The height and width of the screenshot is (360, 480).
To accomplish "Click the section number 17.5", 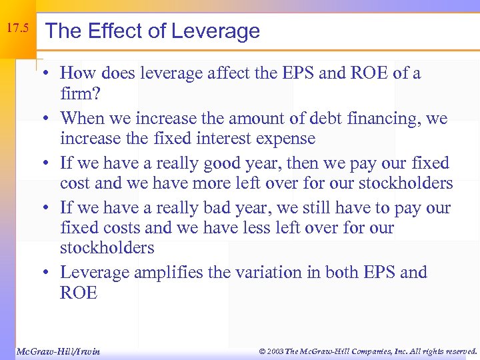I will (17, 29).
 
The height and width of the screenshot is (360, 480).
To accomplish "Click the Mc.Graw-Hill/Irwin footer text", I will (57, 351).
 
